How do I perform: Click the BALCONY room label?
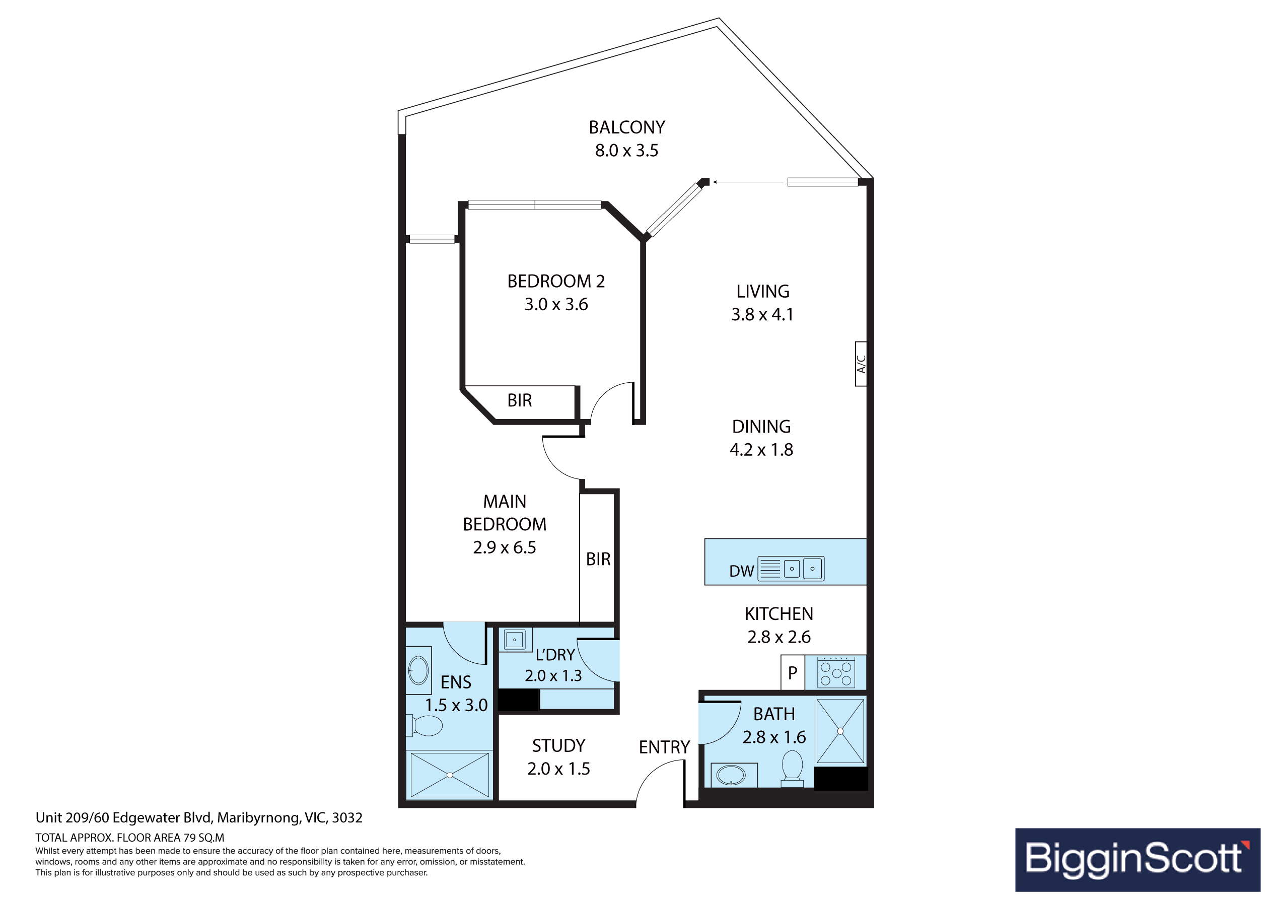click(626, 127)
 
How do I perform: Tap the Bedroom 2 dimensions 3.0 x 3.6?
click(556, 304)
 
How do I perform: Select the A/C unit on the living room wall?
click(861, 364)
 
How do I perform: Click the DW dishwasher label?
click(741, 571)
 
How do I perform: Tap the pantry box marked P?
click(793, 673)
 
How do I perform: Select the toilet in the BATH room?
click(792, 768)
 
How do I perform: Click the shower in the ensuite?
click(449, 775)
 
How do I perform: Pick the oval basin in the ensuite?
click(418, 671)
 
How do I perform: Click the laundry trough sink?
click(515, 640)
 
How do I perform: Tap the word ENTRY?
click(664, 747)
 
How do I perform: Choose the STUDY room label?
click(558, 746)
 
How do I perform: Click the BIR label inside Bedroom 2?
click(520, 400)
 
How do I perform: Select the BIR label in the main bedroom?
click(598, 559)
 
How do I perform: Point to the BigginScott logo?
click(1138, 860)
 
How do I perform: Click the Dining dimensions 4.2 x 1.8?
click(761, 449)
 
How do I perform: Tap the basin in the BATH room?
click(731, 775)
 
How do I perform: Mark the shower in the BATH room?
click(840, 731)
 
